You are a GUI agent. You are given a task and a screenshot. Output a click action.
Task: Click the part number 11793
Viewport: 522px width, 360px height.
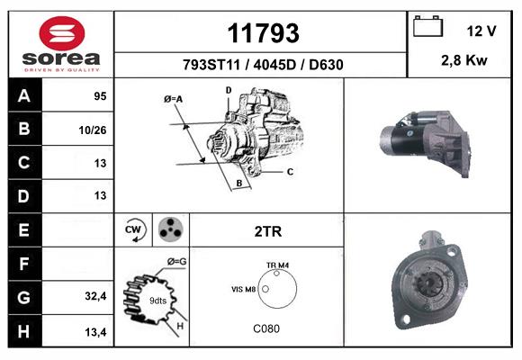[262, 33]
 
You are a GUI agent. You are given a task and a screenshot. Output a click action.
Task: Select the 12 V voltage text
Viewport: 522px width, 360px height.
[481, 31]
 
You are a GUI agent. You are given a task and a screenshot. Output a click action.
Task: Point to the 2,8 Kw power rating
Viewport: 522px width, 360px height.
[464, 60]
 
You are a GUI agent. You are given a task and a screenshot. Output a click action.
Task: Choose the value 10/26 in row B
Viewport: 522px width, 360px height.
[94, 130]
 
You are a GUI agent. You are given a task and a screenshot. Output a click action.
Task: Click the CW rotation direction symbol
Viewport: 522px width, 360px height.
[135, 230]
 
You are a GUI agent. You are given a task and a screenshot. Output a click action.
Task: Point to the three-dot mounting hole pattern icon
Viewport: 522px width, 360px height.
[170, 230]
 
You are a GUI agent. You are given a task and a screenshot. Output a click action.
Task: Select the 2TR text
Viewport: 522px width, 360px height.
[267, 231]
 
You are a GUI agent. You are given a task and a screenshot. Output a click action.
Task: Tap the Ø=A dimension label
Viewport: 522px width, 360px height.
[174, 98]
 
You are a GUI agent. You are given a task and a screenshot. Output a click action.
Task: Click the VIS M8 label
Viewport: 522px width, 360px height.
[244, 290]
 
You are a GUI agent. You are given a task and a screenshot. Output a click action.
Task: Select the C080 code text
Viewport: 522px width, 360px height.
[267, 328]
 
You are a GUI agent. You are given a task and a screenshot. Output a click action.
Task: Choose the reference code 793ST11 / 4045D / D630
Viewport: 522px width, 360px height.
[262, 65]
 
